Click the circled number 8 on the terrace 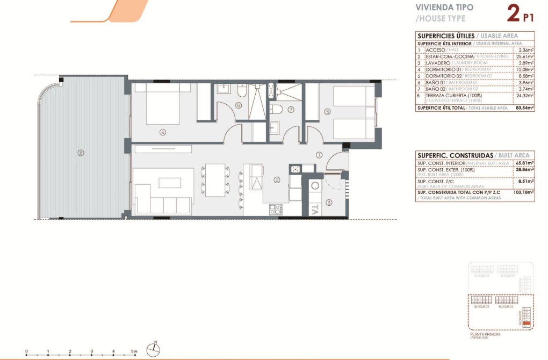click(x=81, y=153)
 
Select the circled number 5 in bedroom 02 click(x=327, y=112)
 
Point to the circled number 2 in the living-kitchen click(x=277, y=180)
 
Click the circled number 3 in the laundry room click(x=329, y=203)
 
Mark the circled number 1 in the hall click(x=319, y=155)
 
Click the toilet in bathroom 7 click(x=278, y=109)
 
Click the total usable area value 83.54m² click(x=524, y=108)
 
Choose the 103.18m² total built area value click(x=523, y=192)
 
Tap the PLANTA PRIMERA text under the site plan click(x=485, y=334)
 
